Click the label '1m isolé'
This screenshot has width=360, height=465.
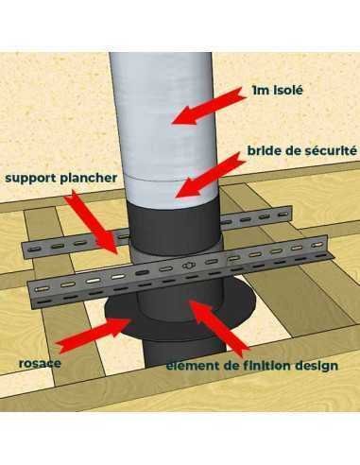tap(277, 91)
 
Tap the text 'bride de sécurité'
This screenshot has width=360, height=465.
tap(302, 150)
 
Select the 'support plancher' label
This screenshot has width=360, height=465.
tap(61, 179)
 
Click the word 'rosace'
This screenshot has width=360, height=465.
tap(40, 363)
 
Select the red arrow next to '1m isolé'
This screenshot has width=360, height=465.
tap(208, 106)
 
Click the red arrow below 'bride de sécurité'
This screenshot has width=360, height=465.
tap(210, 176)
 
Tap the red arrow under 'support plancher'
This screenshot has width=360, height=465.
tap(92, 222)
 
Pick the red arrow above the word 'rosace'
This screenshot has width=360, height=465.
tap(93, 336)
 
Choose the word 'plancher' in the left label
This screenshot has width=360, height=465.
tap(89, 179)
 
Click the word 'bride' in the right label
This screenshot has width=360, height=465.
tap(262, 150)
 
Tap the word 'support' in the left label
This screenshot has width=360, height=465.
tap(31, 179)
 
